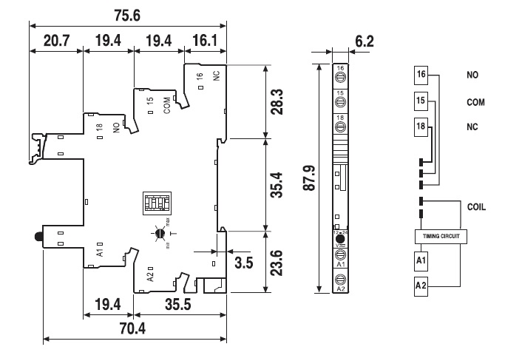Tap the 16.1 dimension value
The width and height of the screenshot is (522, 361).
[206, 41]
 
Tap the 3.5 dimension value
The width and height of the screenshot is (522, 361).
[244, 262]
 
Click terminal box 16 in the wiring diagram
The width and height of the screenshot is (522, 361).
[421, 75]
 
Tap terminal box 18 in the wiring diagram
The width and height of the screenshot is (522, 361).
[421, 126]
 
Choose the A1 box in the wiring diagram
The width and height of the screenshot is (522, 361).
[421, 261]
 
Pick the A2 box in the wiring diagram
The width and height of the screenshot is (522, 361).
[421, 285]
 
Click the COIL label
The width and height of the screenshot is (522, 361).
[476, 207]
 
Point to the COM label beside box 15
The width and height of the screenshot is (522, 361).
[475, 102]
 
